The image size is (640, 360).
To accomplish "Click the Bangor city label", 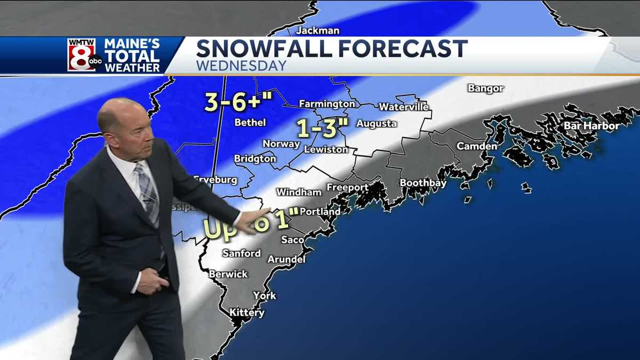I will click(x=485, y=89).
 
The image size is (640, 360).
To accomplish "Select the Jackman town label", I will click(x=317, y=30).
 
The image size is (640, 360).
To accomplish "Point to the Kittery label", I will click(x=246, y=313).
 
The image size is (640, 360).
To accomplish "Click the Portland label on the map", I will click(x=320, y=212).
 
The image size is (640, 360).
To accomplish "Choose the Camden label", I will click(x=477, y=146).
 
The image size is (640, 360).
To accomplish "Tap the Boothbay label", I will click(x=423, y=183).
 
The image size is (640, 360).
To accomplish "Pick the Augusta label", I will click(x=376, y=124).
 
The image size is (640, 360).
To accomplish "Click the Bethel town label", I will click(x=250, y=123).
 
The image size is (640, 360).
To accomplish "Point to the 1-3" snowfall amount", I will click(x=322, y=129).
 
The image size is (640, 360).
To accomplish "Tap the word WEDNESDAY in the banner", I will click(x=241, y=66).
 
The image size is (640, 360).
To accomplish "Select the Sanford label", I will click(x=241, y=253).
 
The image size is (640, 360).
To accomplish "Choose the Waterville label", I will click(x=404, y=107).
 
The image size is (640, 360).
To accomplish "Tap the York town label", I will click(x=265, y=295).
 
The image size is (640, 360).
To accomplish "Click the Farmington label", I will click(x=326, y=104).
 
